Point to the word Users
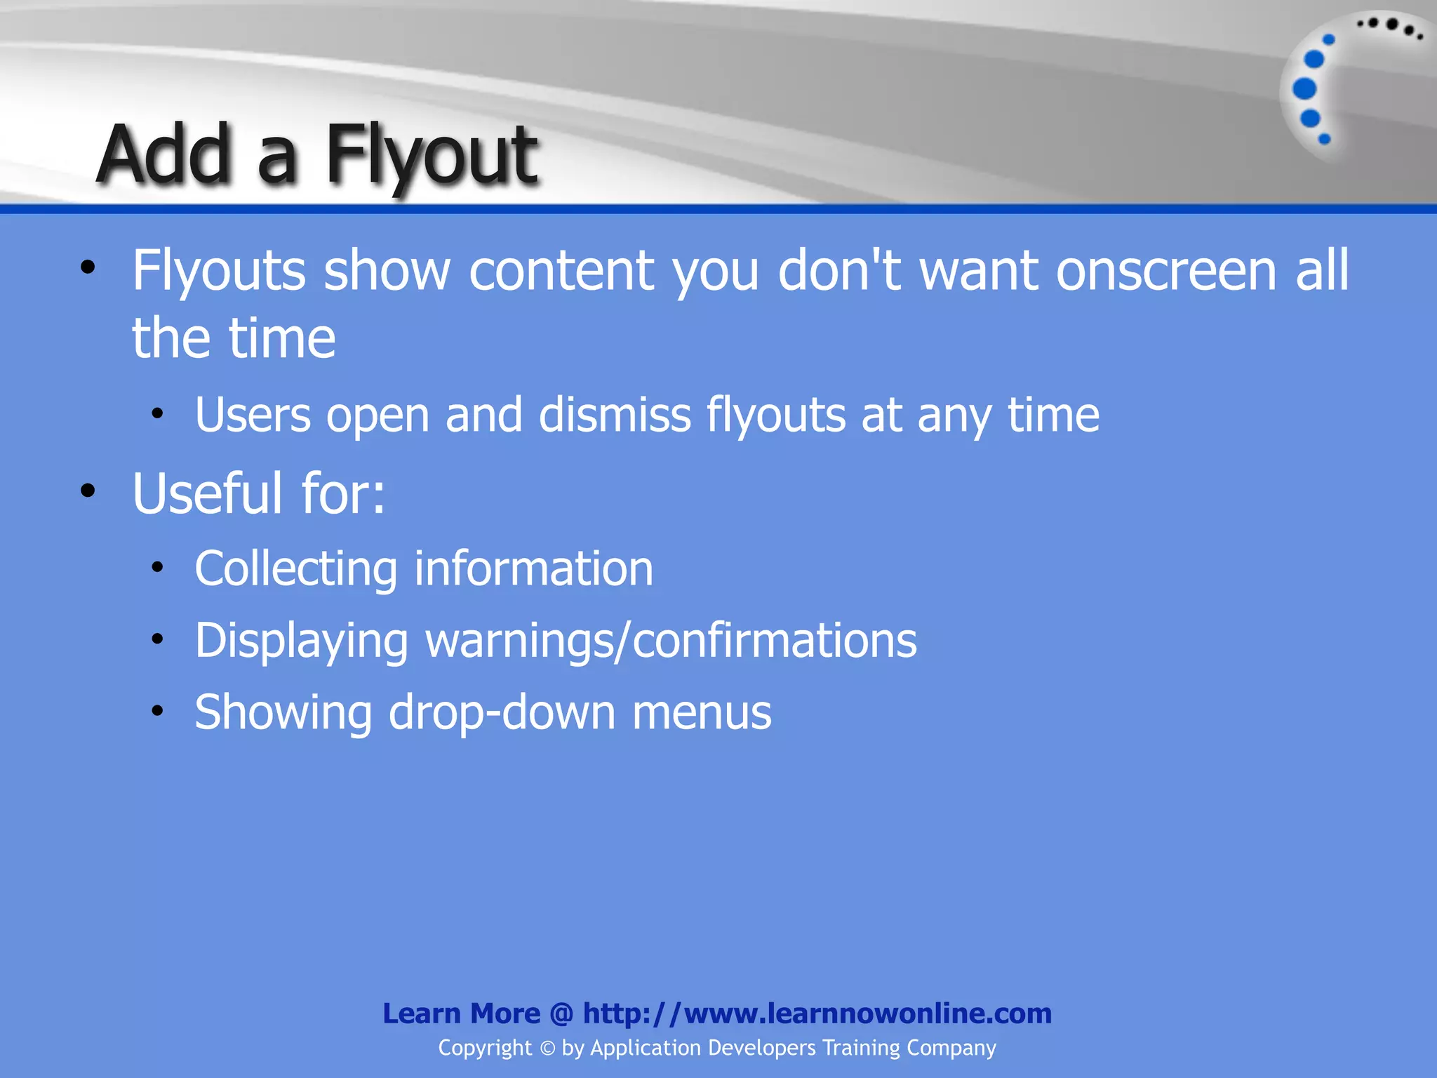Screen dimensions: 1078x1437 coord(253,415)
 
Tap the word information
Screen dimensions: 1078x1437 coord(533,568)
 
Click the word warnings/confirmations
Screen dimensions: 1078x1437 coord(671,641)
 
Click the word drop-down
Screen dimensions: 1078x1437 coord(501,712)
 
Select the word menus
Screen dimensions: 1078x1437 coord(701,712)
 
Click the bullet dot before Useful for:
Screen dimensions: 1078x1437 coord(88,491)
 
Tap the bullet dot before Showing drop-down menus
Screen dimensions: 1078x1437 coord(157,711)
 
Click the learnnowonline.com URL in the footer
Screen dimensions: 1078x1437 coord(817,1013)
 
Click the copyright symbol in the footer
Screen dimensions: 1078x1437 coord(547,1049)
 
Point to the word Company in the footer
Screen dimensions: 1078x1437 coord(951,1048)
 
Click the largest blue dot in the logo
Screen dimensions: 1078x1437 coord(1304,89)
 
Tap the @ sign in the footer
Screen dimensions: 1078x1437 coord(561,1013)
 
